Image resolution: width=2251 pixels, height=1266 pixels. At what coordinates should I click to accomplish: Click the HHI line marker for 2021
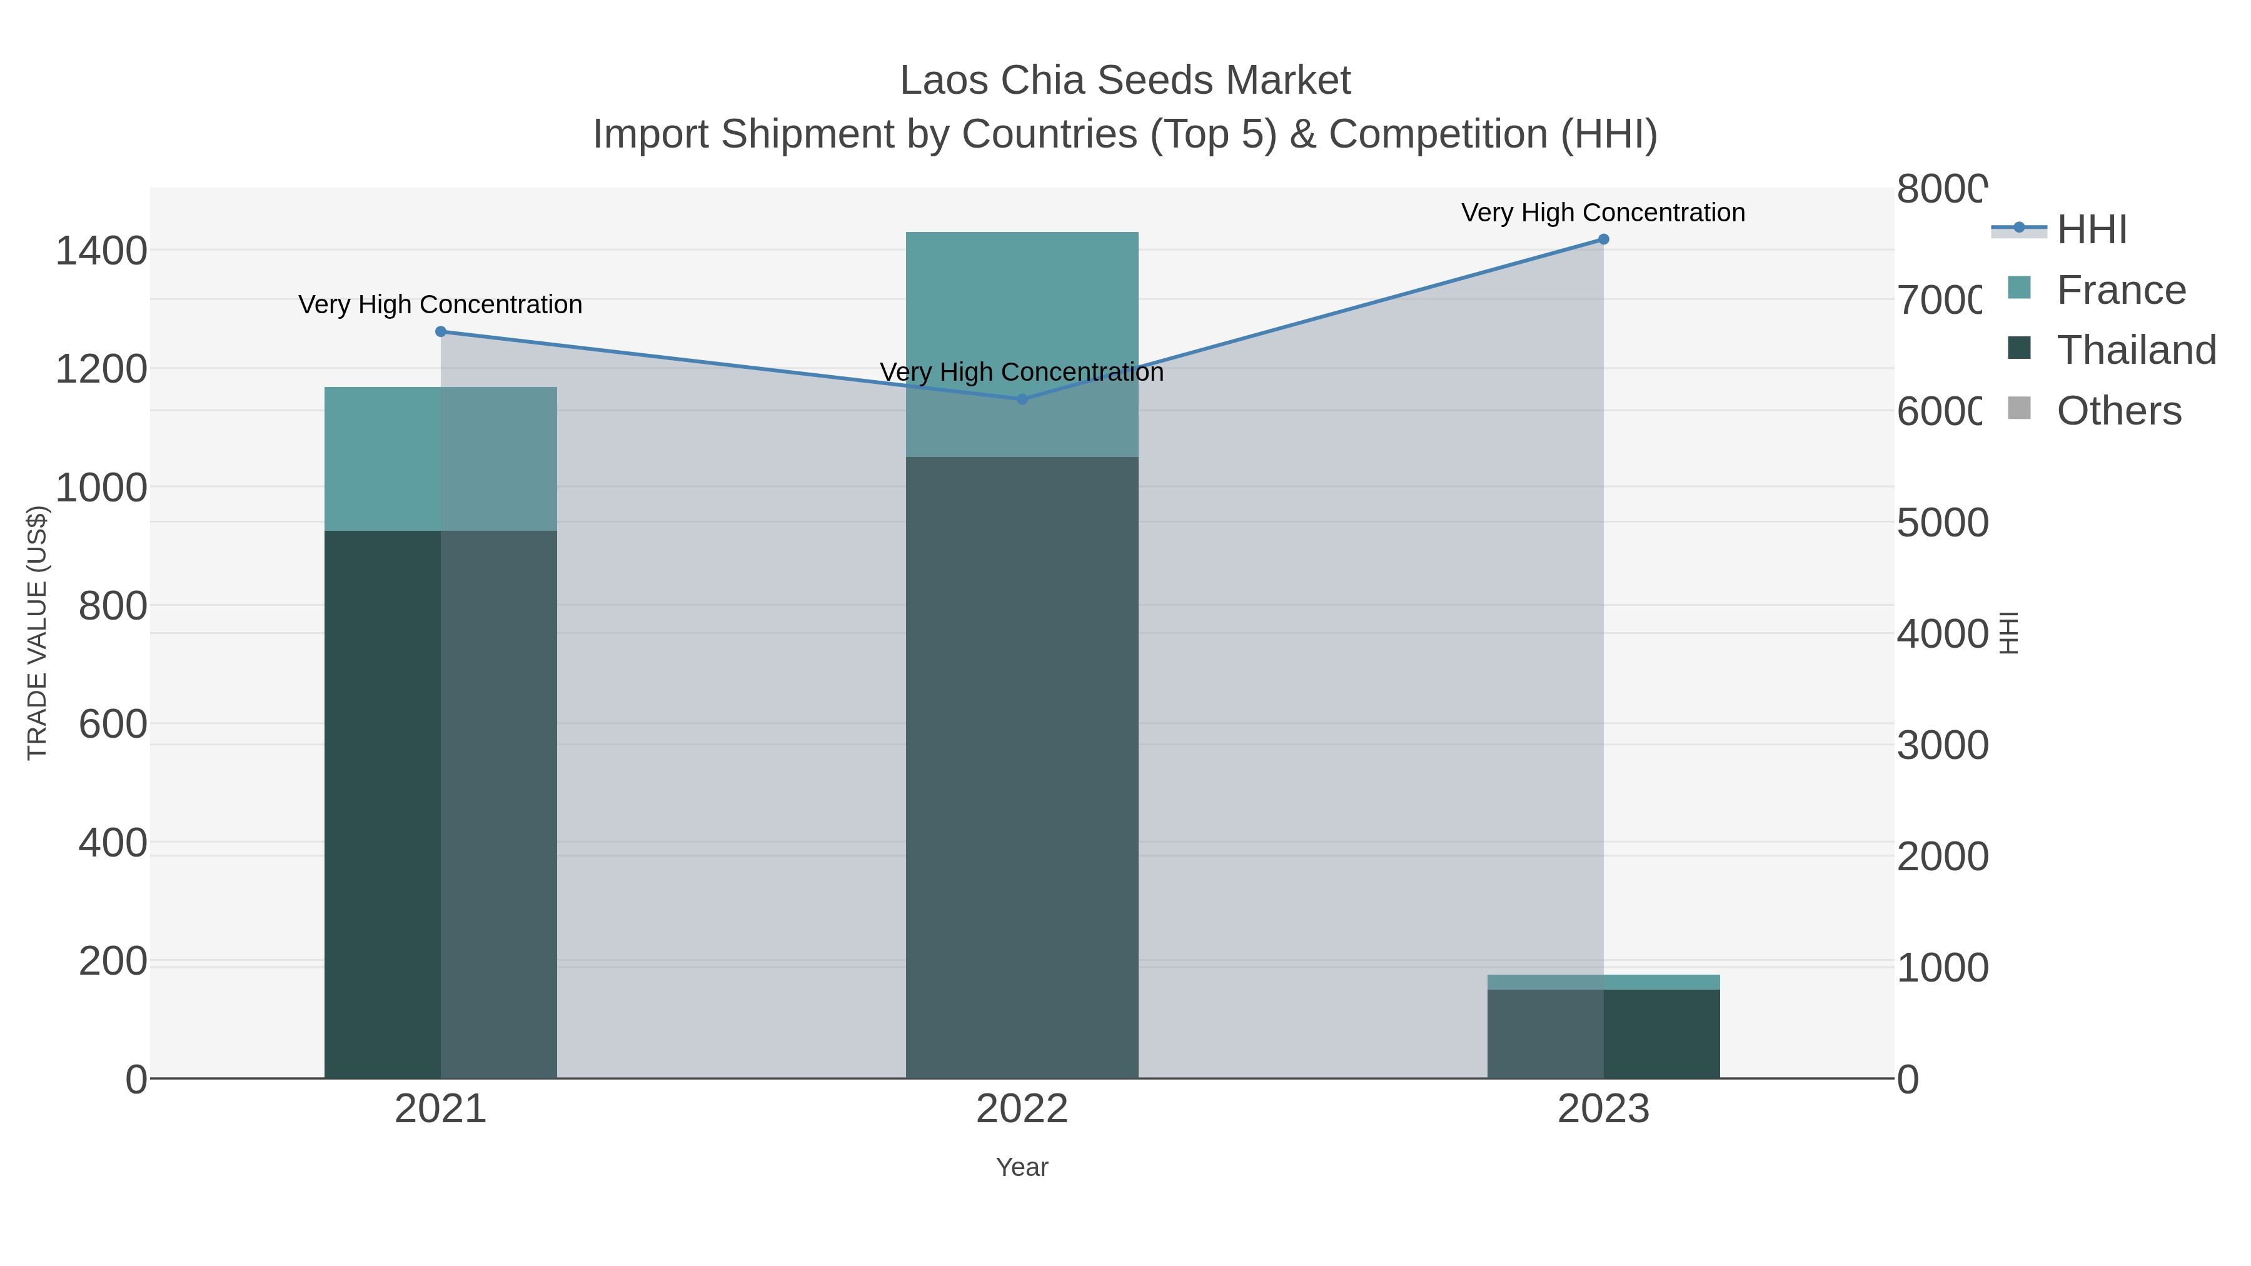click(x=440, y=332)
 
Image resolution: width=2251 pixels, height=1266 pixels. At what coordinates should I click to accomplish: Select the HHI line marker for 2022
click(x=1022, y=399)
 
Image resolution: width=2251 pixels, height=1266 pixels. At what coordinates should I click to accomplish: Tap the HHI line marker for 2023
click(x=1603, y=239)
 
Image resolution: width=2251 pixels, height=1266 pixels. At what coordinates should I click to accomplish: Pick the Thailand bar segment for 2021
click(x=440, y=804)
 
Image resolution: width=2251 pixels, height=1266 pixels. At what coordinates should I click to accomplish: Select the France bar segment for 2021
click(x=440, y=459)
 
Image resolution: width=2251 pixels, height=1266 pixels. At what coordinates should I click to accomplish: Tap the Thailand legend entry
click(x=2136, y=350)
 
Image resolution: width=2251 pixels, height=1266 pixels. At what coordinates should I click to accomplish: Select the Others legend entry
click(x=2118, y=411)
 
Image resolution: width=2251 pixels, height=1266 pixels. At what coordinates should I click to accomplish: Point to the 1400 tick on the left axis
click(x=101, y=251)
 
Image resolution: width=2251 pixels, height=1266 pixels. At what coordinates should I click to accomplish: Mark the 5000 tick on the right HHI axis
click(x=1941, y=523)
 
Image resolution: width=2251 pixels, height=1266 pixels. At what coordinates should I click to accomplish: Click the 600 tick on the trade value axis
click(x=113, y=725)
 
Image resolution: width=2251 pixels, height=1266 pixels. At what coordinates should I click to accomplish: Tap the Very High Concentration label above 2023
click(x=1603, y=213)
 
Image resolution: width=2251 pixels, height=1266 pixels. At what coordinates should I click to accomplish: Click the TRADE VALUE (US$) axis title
click(x=38, y=633)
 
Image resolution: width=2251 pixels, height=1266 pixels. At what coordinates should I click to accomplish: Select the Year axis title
click(x=1022, y=1167)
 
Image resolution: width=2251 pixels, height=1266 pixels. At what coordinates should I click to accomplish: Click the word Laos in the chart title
click(x=944, y=81)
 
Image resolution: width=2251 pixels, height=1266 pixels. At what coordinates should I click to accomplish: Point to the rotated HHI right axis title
click(x=2009, y=633)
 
